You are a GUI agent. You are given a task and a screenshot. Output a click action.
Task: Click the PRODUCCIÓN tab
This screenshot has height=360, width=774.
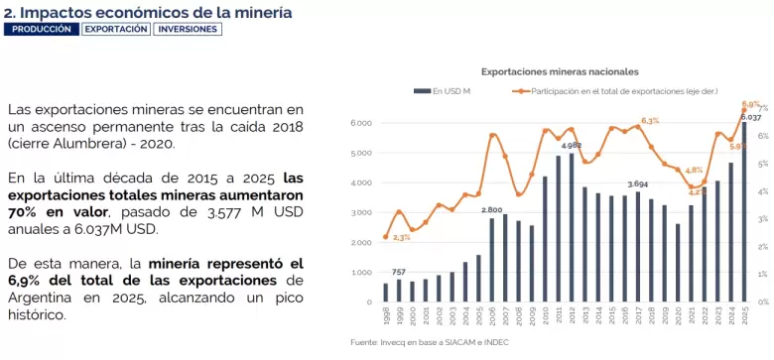coord(42,30)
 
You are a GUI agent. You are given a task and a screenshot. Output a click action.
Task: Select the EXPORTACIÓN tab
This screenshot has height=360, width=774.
coord(116,30)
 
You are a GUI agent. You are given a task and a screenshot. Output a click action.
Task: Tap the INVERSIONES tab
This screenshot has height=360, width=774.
coord(188,30)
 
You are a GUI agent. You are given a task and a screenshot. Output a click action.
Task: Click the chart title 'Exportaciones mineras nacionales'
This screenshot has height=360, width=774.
coord(560,72)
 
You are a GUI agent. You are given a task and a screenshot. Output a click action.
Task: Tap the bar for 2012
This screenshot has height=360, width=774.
coord(571,227)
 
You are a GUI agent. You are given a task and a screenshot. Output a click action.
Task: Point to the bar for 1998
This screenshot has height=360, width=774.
coord(386,292)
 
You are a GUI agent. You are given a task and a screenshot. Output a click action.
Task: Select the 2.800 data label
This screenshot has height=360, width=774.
coord(492,210)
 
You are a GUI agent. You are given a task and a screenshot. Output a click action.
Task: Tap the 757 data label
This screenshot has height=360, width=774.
coord(398,272)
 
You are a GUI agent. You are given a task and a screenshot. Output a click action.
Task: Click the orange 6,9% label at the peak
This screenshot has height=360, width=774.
coord(751,104)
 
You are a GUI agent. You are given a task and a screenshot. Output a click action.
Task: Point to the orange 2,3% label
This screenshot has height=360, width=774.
coord(402,238)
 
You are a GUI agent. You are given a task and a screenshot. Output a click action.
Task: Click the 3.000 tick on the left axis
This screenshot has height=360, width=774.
coord(359,212)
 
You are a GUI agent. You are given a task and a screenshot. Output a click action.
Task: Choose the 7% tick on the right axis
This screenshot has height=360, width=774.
coord(763,108)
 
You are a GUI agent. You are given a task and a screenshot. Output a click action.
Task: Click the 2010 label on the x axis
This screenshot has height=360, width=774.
coord(545,316)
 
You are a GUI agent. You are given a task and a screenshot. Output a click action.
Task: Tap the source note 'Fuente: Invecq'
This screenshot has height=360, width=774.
coord(423,341)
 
